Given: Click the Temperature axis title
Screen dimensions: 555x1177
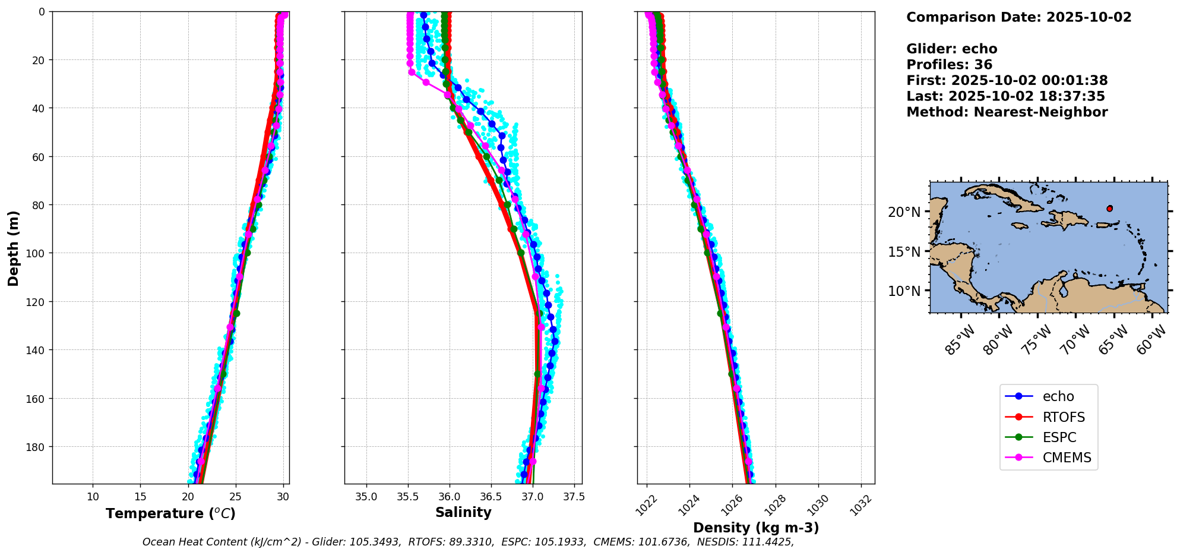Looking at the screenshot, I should click(170, 513).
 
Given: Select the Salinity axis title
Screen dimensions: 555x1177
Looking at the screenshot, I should click(463, 512).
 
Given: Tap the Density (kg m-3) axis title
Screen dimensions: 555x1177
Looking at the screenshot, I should click(756, 528).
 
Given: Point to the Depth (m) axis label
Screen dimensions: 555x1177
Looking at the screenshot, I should click(13, 248).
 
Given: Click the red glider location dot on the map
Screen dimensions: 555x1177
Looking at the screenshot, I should click(1109, 209).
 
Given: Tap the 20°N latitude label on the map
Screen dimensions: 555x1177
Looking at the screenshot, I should click(904, 212).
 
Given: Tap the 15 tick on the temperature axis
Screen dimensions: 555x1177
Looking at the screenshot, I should click(140, 497).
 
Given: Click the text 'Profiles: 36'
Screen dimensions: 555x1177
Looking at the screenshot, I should click(949, 65).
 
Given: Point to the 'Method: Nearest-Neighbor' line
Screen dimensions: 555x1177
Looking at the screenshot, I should click(1007, 112).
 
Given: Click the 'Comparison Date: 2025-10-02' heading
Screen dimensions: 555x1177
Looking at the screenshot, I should click(1018, 17).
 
